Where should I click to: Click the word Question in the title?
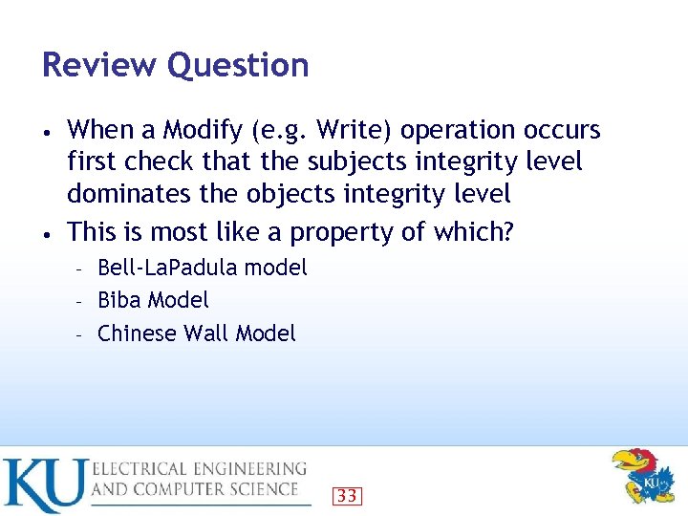[x=237, y=66]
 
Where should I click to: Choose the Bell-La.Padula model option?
[x=203, y=268]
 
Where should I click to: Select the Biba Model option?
[x=153, y=300]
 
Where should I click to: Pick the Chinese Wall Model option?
[x=197, y=333]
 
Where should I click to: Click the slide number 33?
[x=347, y=495]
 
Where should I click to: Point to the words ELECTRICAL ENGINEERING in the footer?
[x=200, y=469]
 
